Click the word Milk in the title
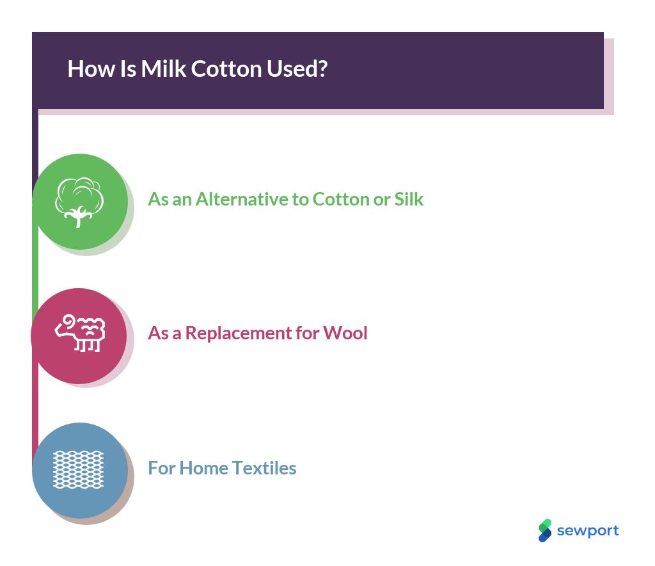pyautogui.click(x=163, y=69)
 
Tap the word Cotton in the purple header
pyautogui.click(x=226, y=69)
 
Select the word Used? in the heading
pyautogui.click(x=297, y=69)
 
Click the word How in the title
pyautogui.click(x=91, y=69)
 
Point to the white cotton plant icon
pyautogui.click(x=79, y=202)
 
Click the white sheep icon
pyautogui.click(x=80, y=334)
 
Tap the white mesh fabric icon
pyautogui.click(x=78, y=469)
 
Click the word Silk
pyautogui.click(x=409, y=199)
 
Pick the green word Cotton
pyautogui.click(x=340, y=199)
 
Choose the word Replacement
pyautogui.click(x=238, y=334)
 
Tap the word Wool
pyautogui.click(x=345, y=333)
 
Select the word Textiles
pyautogui.click(x=264, y=468)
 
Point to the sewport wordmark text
pyautogui.click(x=588, y=531)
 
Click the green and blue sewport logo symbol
pyautogui.click(x=545, y=531)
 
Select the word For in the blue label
pyautogui.click(x=162, y=468)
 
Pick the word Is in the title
pyautogui.click(x=128, y=69)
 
